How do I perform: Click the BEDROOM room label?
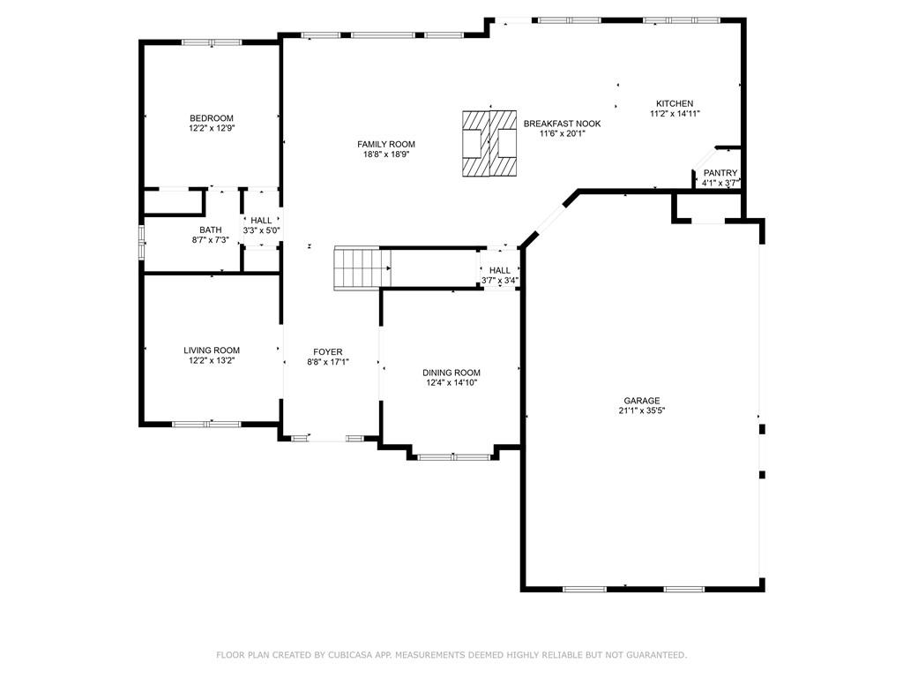(x=212, y=118)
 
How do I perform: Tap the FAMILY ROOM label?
(x=386, y=144)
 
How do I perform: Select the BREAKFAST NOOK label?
(x=562, y=124)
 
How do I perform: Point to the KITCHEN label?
(x=675, y=104)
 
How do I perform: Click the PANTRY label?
(x=720, y=173)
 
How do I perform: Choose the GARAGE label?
(x=642, y=401)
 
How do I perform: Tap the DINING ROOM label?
(x=451, y=373)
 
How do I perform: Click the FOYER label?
(x=328, y=351)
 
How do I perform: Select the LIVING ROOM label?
(x=212, y=350)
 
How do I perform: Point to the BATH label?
(x=211, y=230)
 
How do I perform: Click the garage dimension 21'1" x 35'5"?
(x=642, y=411)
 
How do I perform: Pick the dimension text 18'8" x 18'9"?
(x=386, y=154)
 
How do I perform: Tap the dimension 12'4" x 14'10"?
(x=451, y=382)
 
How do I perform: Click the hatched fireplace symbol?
(x=489, y=144)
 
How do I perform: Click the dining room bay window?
(x=454, y=458)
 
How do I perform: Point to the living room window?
(x=206, y=425)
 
